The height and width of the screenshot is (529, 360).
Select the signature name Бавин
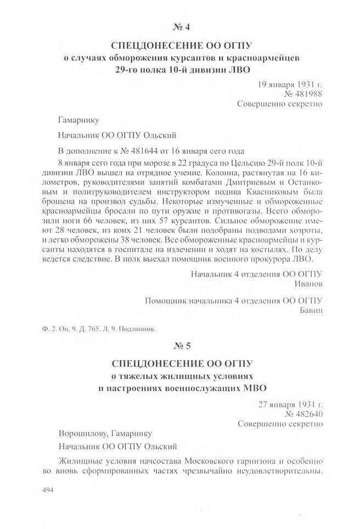point(309,310)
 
